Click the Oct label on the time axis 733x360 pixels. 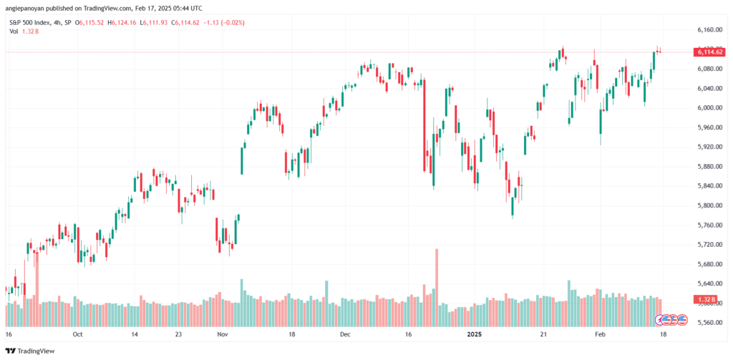[77, 334]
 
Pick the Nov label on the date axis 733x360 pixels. [223, 334]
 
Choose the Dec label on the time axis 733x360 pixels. [346, 334]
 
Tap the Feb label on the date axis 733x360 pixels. [601, 334]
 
